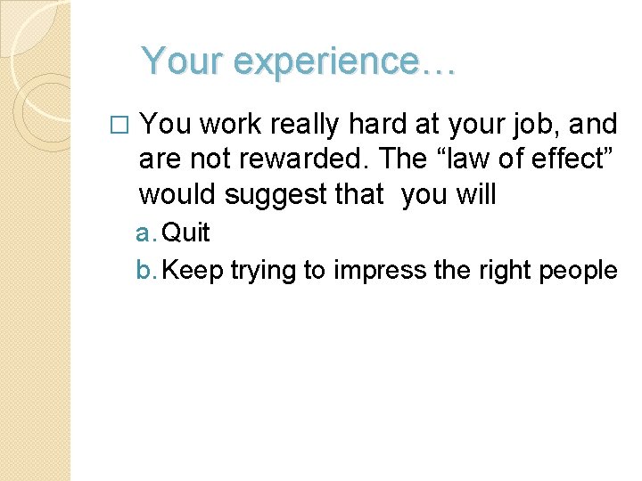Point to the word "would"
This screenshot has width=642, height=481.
click(x=177, y=193)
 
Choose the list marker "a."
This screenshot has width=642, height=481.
click(x=146, y=233)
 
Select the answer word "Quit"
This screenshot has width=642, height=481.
click(x=187, y=233)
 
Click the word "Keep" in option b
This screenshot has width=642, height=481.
click(x=193, y=270)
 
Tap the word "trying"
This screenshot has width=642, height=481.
click(x=264, y=271)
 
